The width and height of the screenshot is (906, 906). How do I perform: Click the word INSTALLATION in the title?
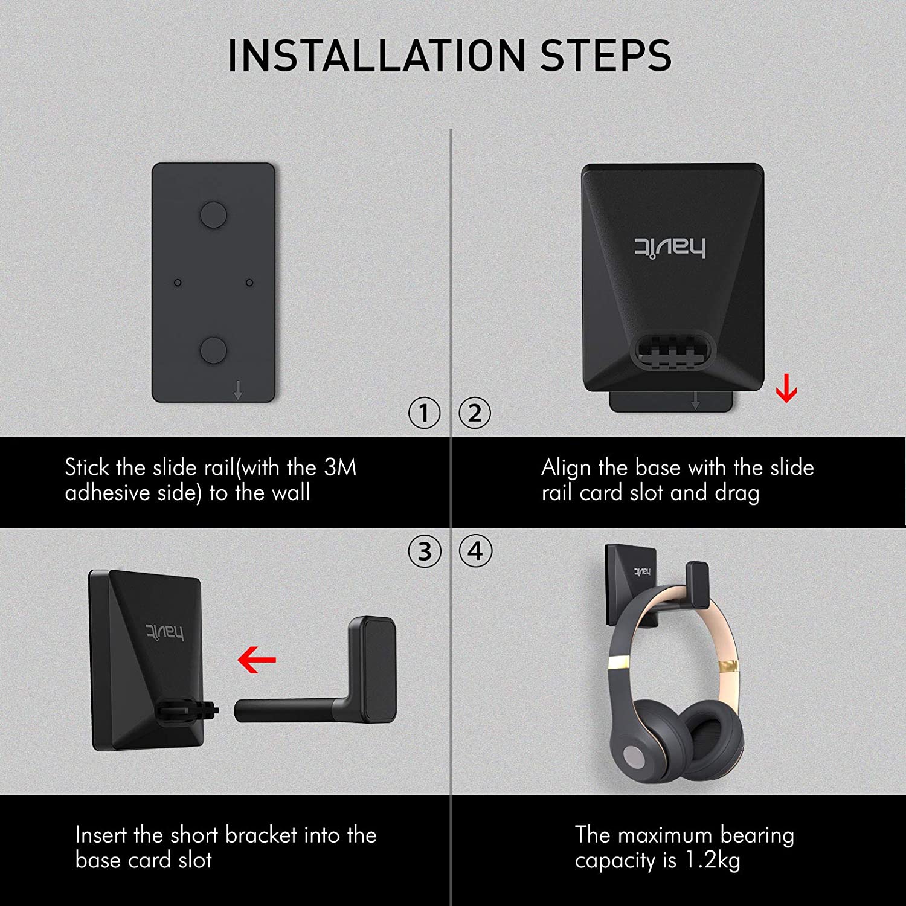[x=377, y=56]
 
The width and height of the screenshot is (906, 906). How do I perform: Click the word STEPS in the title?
[x=606, y=56]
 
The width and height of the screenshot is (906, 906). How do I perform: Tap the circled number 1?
[x=424, y=413]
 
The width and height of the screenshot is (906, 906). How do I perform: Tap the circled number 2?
[x=475, y=413]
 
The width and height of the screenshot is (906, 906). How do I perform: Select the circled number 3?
[x=424, y=551]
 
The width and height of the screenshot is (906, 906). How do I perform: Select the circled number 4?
[x=475, y=551]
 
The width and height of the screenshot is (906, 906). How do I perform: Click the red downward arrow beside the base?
[x=786, y=388]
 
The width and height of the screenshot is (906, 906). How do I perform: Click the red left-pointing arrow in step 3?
[x=257, y=660]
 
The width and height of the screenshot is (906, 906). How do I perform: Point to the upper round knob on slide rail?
[x=213, y=214]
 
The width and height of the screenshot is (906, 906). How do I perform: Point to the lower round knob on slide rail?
[x=213, y=350]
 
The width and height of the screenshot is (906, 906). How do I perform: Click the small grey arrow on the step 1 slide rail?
[x=238, y=390]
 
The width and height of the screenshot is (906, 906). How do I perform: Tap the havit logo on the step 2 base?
[x=669, y=248]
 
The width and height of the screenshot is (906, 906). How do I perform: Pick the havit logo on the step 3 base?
[x=164, y=632]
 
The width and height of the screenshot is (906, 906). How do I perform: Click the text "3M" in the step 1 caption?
[x=340, y=467]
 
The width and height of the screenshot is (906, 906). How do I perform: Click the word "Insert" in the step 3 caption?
[x=101, y=835]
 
